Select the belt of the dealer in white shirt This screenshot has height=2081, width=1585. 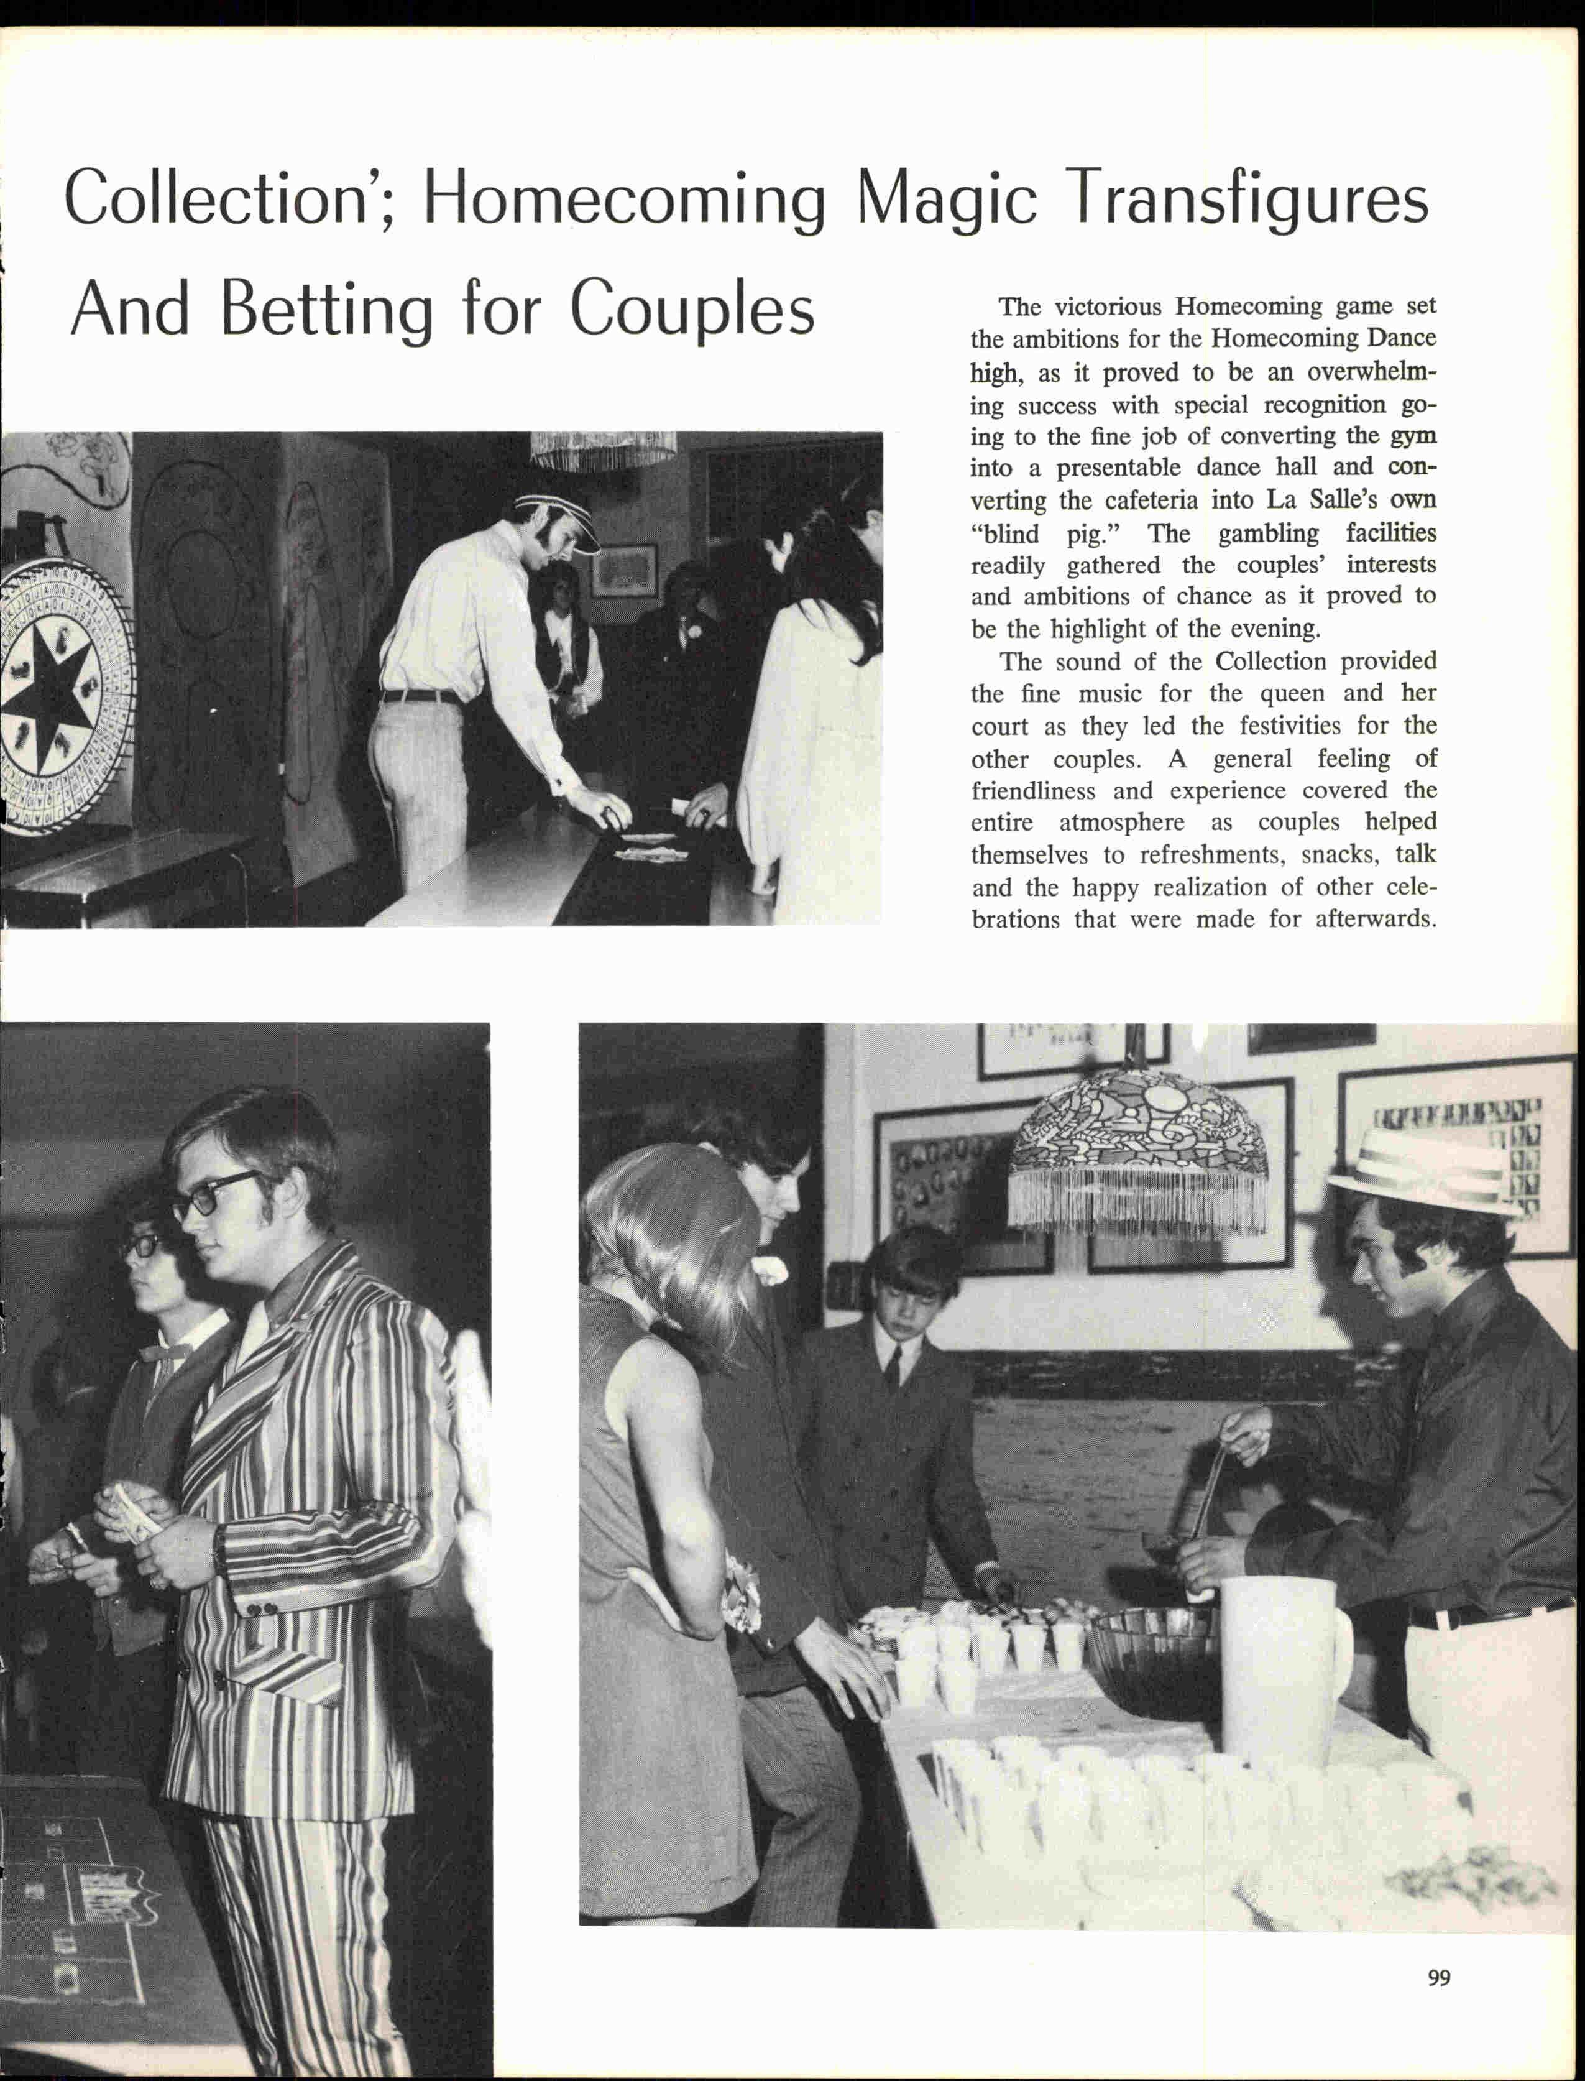(420, 696)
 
